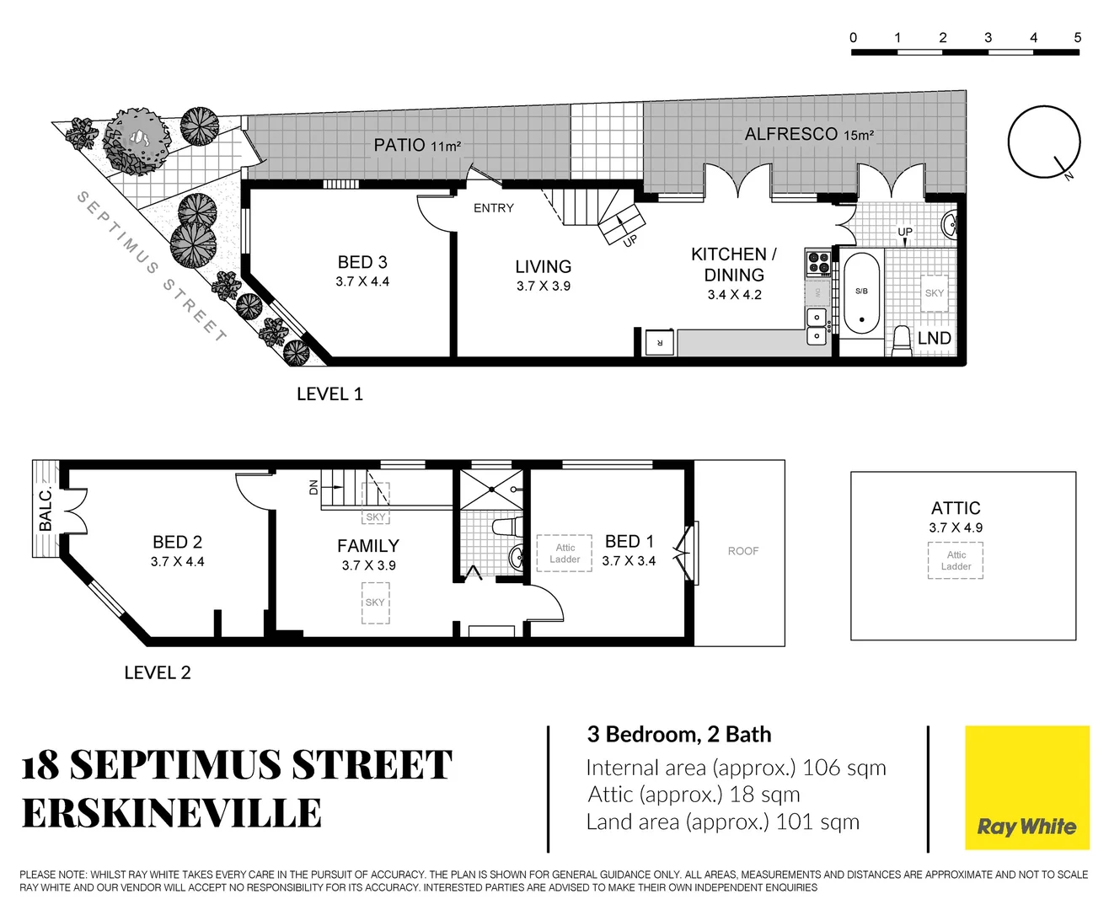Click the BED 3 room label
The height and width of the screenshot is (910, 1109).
tap(362, 263)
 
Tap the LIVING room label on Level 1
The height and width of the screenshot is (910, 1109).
tap(543, 267)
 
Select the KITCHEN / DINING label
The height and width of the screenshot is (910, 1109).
tap(733, 265)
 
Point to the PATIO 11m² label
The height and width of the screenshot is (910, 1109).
tap(417, 145)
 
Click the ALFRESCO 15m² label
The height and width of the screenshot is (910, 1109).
tap(808, 134)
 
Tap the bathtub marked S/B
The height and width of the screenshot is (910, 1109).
tap(861, 292)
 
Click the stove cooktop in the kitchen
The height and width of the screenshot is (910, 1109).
tap(818, 264)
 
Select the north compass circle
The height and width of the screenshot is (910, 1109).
tap(1044, 142)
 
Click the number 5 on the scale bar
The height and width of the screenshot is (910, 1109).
tap(1077, 37)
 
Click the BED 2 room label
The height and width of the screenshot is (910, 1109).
tap(177, 543)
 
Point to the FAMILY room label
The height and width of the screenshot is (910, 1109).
tap(368, 546)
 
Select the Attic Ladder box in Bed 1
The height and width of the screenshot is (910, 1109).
tap(565, 554)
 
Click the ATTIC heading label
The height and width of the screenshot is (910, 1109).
tap(956, 508)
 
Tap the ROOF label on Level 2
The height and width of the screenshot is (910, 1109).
tap(742, 551)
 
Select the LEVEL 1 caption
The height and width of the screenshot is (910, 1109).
tap(329, 394)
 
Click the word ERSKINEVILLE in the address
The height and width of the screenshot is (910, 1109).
tap(172, 814)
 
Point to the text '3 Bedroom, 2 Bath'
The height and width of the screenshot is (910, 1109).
tap(679, 735)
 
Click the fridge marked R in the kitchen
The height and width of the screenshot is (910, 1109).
tap(659, 343)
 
